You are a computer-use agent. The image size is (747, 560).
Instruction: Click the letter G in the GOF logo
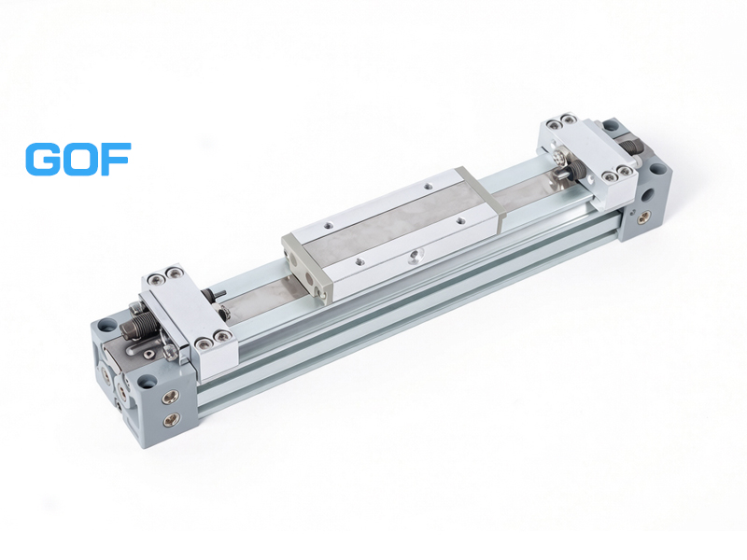pos(43,159)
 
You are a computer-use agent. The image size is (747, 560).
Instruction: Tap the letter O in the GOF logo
pos(80,159)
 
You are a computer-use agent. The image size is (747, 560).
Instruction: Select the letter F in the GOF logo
pos(116,159)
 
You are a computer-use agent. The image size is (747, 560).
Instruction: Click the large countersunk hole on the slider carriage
pos(414,257)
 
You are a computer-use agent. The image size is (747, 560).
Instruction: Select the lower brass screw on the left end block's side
pos(171,419)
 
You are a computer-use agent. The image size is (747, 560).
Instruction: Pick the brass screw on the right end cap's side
pos(645,217)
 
